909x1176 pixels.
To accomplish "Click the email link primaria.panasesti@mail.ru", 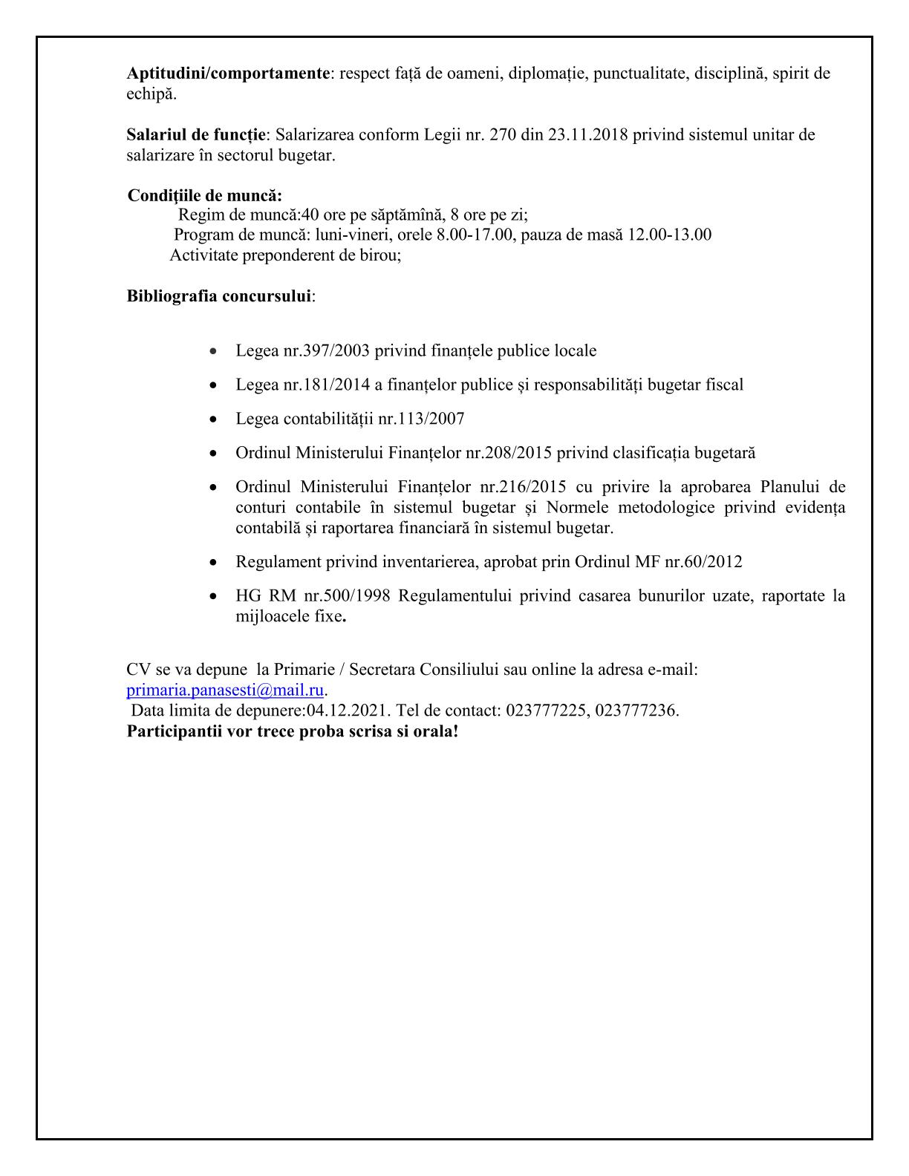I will [225, 690].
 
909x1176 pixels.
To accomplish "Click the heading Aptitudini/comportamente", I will [228, 73].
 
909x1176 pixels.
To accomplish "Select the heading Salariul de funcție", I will [196, 135].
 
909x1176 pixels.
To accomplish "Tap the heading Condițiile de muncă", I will [205, 196].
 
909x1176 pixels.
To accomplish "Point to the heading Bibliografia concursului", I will [219, 295].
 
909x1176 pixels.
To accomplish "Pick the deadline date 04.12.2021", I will [347, 710].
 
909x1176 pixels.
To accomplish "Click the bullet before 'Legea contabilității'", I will [214, 419].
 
